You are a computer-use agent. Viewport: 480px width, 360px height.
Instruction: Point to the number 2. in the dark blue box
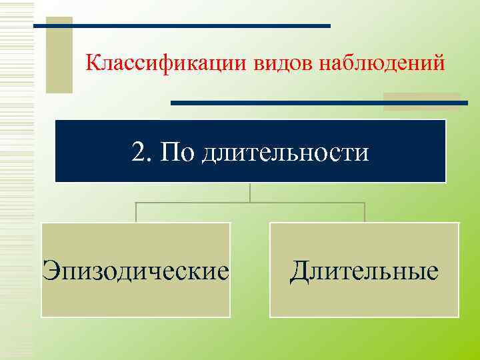tap(141, 152)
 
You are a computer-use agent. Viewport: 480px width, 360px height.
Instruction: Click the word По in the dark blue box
tap(177, 152)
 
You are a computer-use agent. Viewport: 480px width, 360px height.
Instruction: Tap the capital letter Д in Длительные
tap(299, 271)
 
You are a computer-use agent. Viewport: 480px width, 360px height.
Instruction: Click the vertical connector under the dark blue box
tap(250, 192)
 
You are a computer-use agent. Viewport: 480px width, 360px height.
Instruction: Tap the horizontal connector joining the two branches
tap(250, 202)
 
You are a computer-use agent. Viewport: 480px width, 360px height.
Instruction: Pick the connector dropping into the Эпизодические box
tap(136, 212)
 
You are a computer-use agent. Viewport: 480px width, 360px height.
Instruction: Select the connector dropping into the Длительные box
tap(364, 212)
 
